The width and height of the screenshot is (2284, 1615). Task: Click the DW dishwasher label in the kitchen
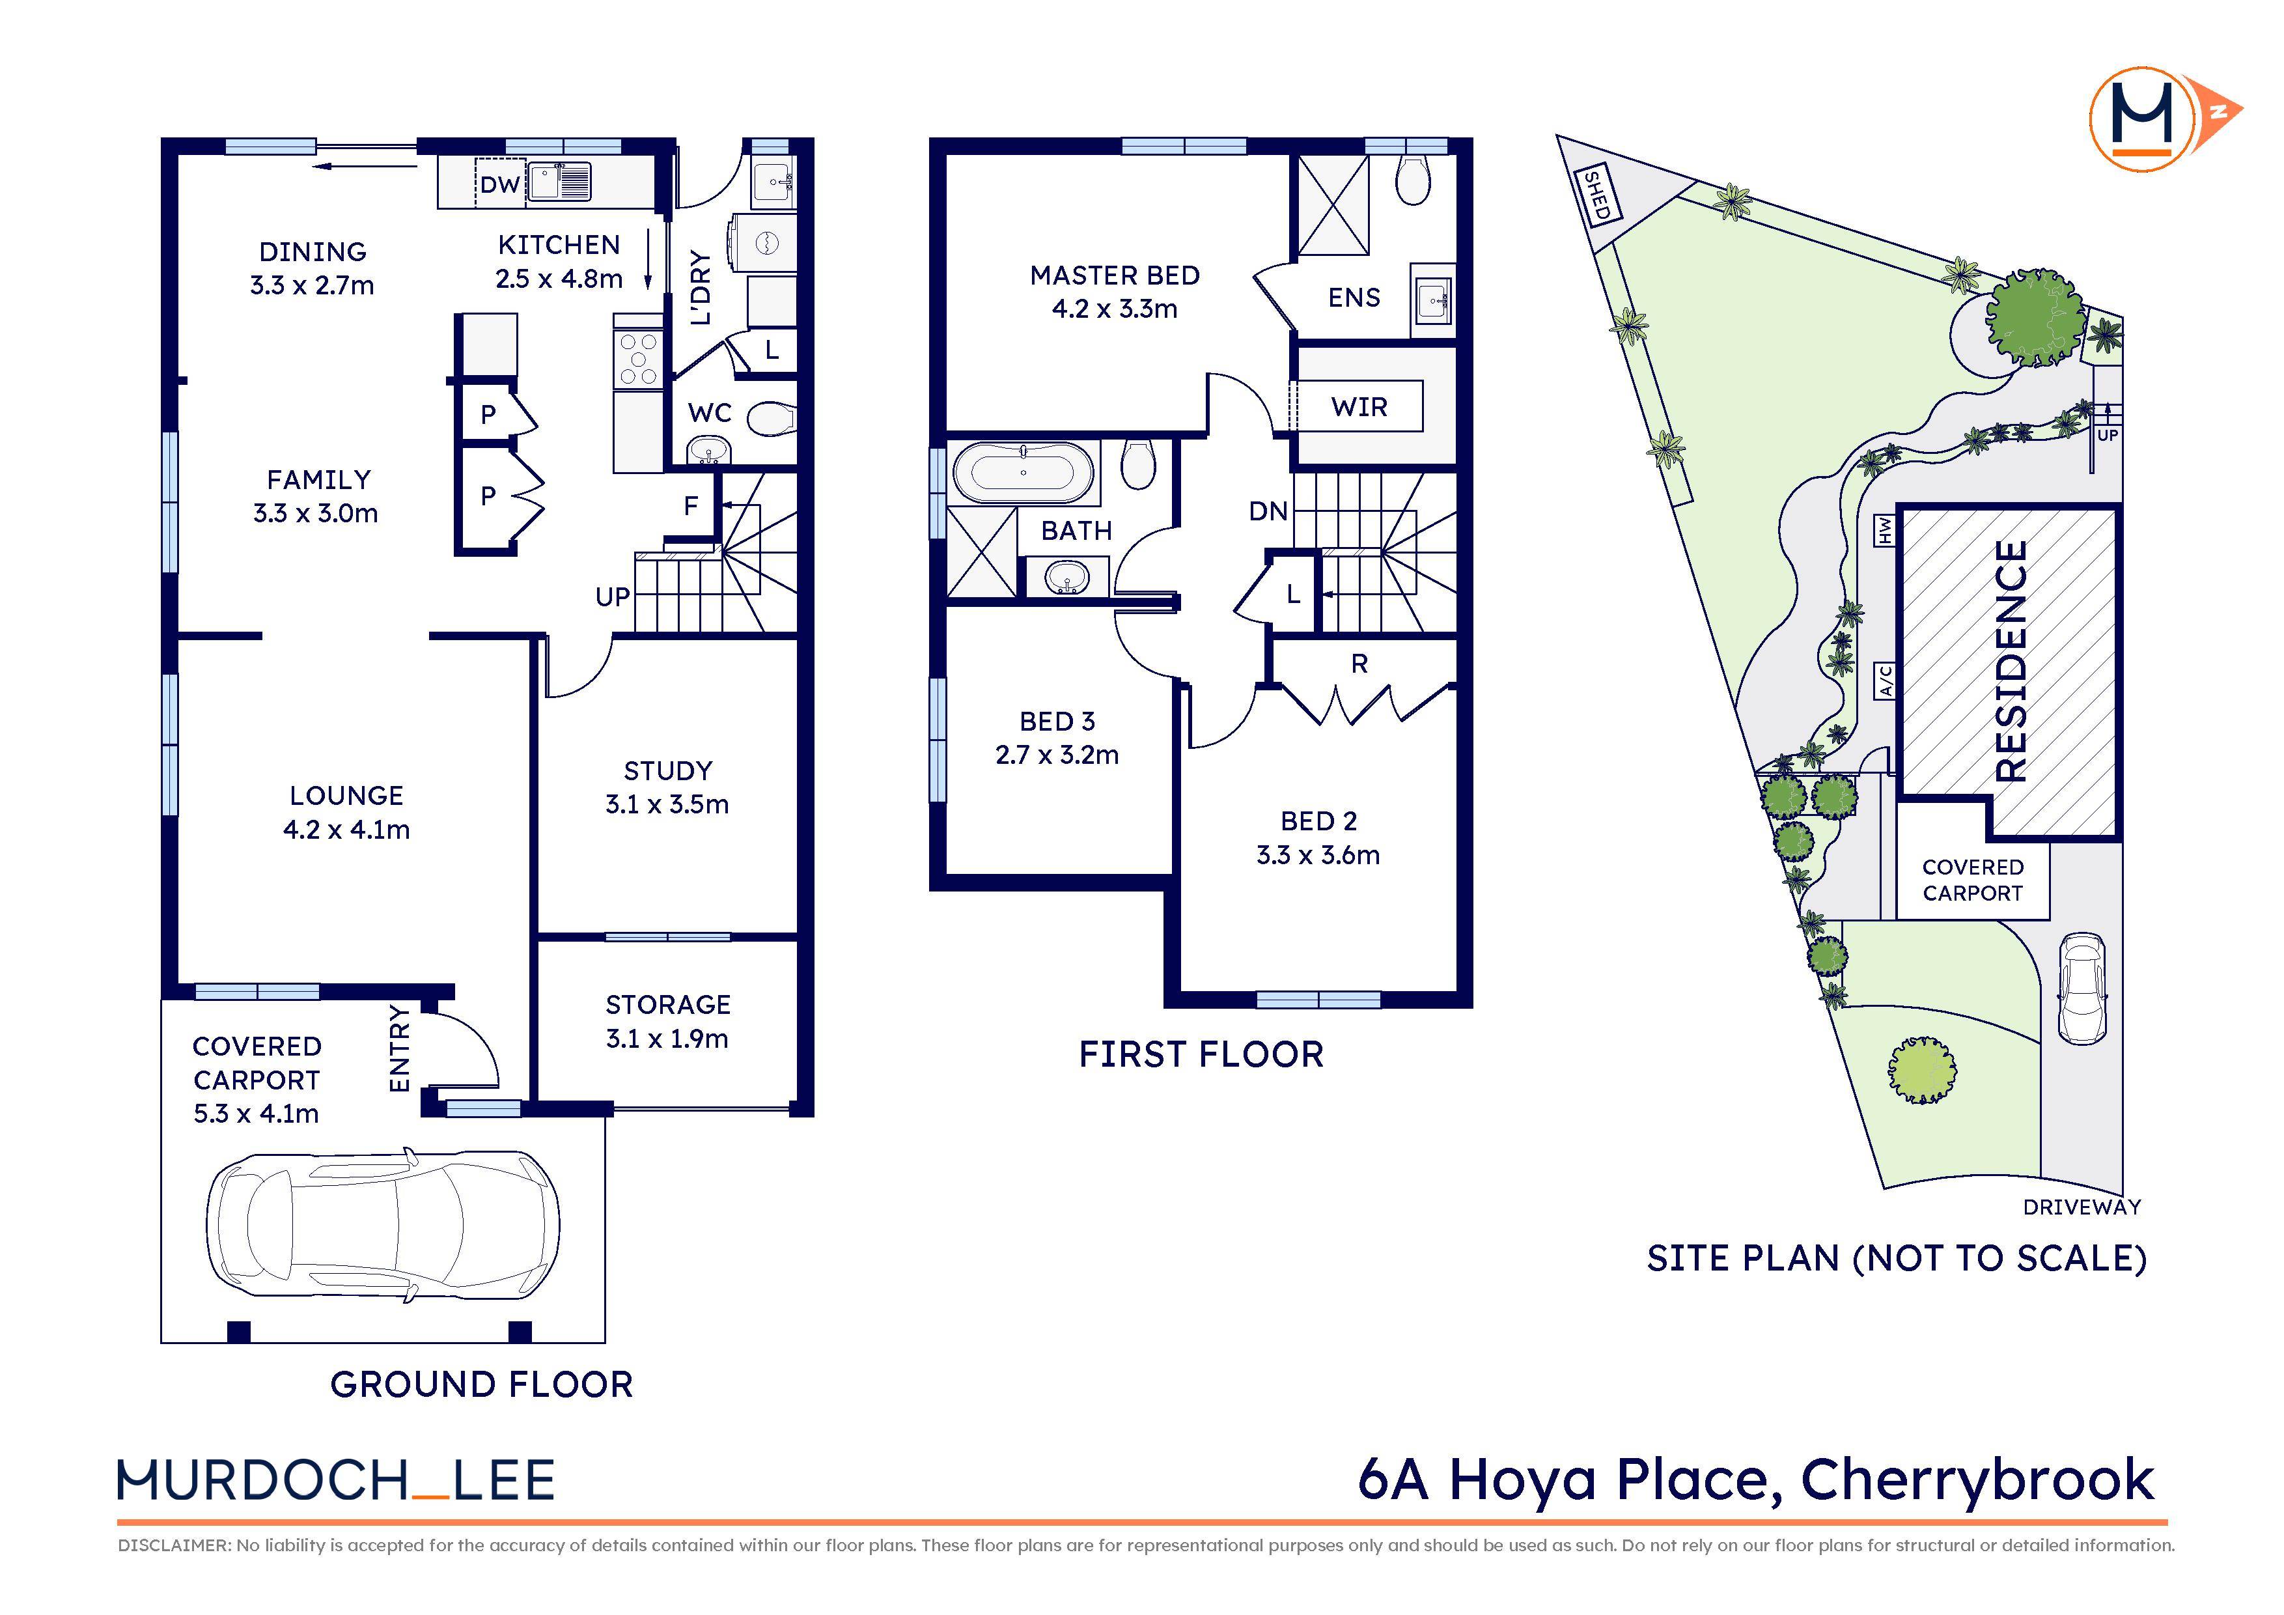tap(499, 184)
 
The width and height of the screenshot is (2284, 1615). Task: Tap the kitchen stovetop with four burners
tap(637, 359)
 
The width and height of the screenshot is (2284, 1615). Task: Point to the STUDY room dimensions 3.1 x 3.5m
tap(667, 804)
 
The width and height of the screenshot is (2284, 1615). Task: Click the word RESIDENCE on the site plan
tap(2011, 661)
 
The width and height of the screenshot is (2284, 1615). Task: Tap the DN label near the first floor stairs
tap(1268, 511)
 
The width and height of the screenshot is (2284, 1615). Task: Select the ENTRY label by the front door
tap(399, 1048)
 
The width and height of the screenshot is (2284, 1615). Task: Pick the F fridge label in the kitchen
tap(690, 507)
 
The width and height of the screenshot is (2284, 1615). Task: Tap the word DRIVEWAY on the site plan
tap(2081, 1207)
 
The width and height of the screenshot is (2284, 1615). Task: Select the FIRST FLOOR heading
tap(1201, 1055)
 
